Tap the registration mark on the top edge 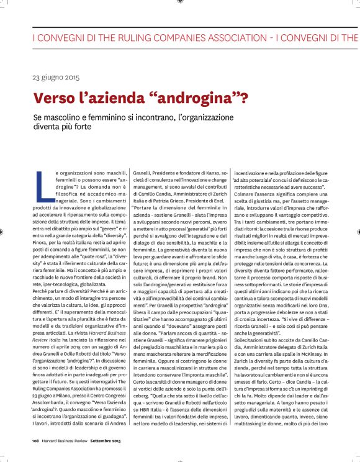pyautogui.click(x=179, y=2)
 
